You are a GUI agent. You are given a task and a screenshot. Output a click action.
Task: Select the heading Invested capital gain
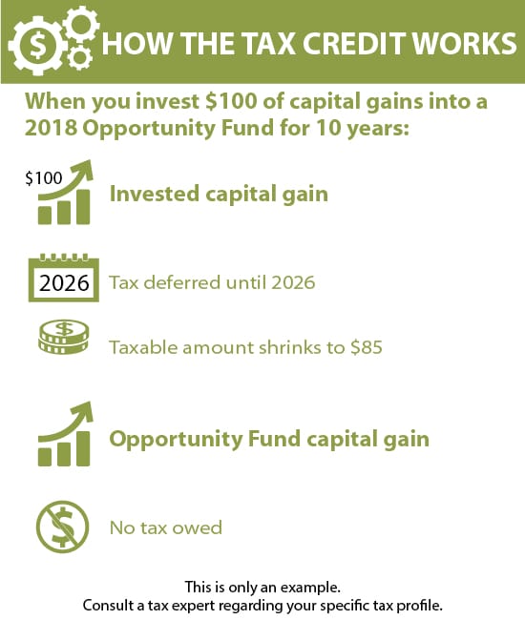click(x=219, y=194)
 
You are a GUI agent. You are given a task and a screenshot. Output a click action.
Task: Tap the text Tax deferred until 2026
click(x=212, y=283)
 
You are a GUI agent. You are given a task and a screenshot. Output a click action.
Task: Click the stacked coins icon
click(x=64, y=341)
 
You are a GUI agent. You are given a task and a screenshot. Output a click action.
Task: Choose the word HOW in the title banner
click(x=130, y=46)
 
